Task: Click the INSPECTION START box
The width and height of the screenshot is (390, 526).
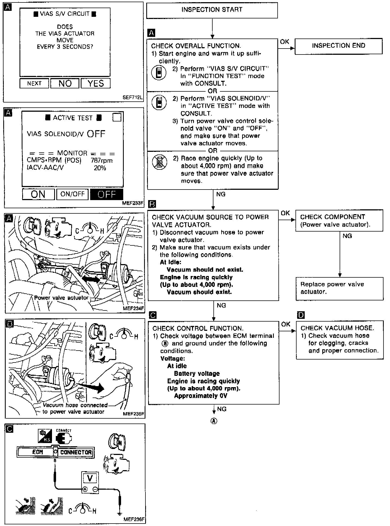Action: click(212, 10)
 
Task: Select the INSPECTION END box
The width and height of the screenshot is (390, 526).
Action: click(338, 46)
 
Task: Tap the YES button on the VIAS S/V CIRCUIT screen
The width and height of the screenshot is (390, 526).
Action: click(96, 84)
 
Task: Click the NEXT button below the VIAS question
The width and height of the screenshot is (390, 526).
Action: click(34, 84)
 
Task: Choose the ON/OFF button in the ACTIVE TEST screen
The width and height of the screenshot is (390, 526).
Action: click(72, 194)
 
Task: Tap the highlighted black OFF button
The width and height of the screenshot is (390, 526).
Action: click(106, 194)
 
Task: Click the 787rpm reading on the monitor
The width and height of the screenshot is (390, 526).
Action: click(102, 161)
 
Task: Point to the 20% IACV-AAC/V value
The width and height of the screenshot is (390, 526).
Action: click(100, 168)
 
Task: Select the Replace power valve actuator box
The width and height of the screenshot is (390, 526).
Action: click(339, 288)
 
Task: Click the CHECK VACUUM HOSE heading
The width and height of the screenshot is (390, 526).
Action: click(337, 328)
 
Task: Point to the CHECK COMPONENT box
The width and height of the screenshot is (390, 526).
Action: click(339, 220)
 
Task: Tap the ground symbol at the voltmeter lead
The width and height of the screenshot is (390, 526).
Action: click(119, 513)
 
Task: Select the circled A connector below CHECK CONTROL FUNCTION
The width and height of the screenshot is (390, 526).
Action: click(214, 421)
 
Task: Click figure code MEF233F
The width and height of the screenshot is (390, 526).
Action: click(133, 203)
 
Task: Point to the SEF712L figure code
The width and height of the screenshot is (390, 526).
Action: click(133, 97)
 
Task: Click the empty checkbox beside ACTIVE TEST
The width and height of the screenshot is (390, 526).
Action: click(117, 117)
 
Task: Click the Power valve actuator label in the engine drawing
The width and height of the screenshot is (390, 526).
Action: click(61, 298)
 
